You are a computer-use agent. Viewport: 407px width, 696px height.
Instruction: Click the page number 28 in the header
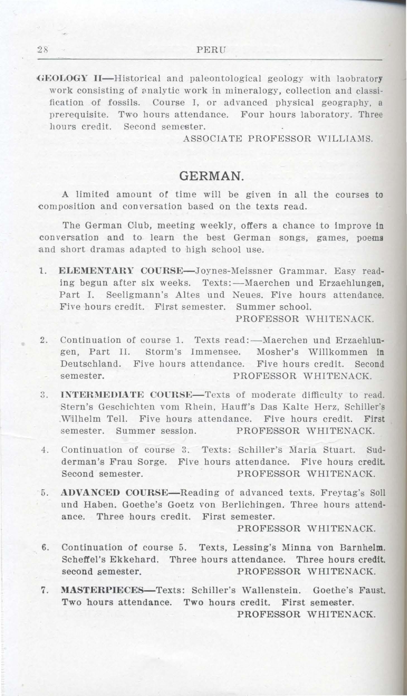pyautogui.click(x=44, y=50)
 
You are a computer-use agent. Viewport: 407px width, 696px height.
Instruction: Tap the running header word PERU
pyautogui.click(x=212, y=50)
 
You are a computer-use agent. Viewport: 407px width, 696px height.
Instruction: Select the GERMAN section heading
pyautogui.click(x=212, y=176)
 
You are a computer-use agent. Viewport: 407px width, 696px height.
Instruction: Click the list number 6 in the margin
pyautogui.click(x=44, y=547)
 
